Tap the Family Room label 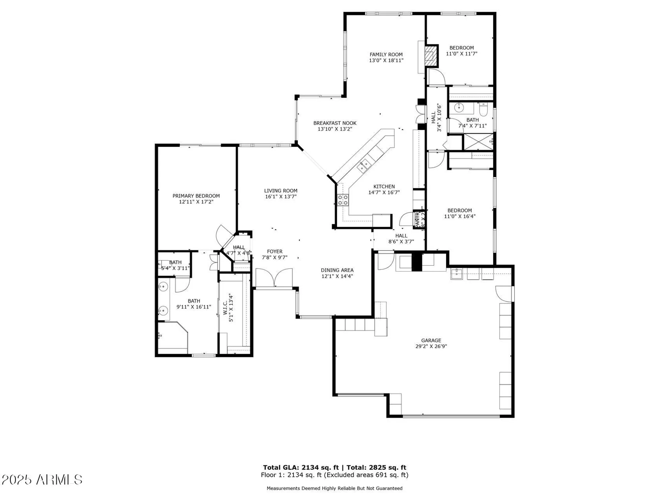pyautogui.click(x=386, y=55)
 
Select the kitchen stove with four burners pyautogui.click(x=343, y=200)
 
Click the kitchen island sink pyautogui.click(x=364, y=164)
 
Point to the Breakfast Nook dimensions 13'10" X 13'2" pyautogui.click(x=335, y=129)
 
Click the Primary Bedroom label pyautogui.click(x=196, y=196)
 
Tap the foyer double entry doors pyautogui.click(x=274, y=278)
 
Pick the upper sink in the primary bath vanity pyautogui.click(x=163, y=286)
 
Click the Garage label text pyautogui.click(x=431, y=340)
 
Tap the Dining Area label pyautogui.click(x=337, y=270)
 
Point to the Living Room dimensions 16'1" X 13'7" pyautogui.click(x=280, y=197)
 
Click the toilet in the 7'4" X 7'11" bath pyautogui.click(x=484, y=108)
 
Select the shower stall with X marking pyautogui.click(x=478, y=142)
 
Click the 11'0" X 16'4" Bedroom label pyautogui.click(x=459, y=211)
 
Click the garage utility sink pyautogui.click(x=456, y=273)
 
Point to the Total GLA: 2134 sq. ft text pyautogui.click(x=301, y=468)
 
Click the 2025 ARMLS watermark pyautogui.click(x=42, y=480)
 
